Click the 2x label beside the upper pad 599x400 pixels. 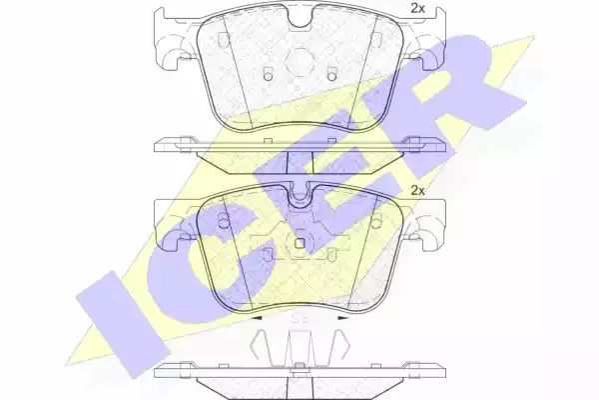(x=417, y=8)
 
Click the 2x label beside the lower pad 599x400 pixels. (x=417, y=190)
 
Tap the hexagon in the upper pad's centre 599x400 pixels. (x=299, y=61)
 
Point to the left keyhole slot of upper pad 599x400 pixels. (x=269, y=74)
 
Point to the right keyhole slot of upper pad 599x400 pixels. (x=332, y=74)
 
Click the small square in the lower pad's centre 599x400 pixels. (x=299, y=243)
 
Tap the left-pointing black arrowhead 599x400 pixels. (x=256, y=318)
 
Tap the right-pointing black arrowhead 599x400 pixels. (x=343, y=318)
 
